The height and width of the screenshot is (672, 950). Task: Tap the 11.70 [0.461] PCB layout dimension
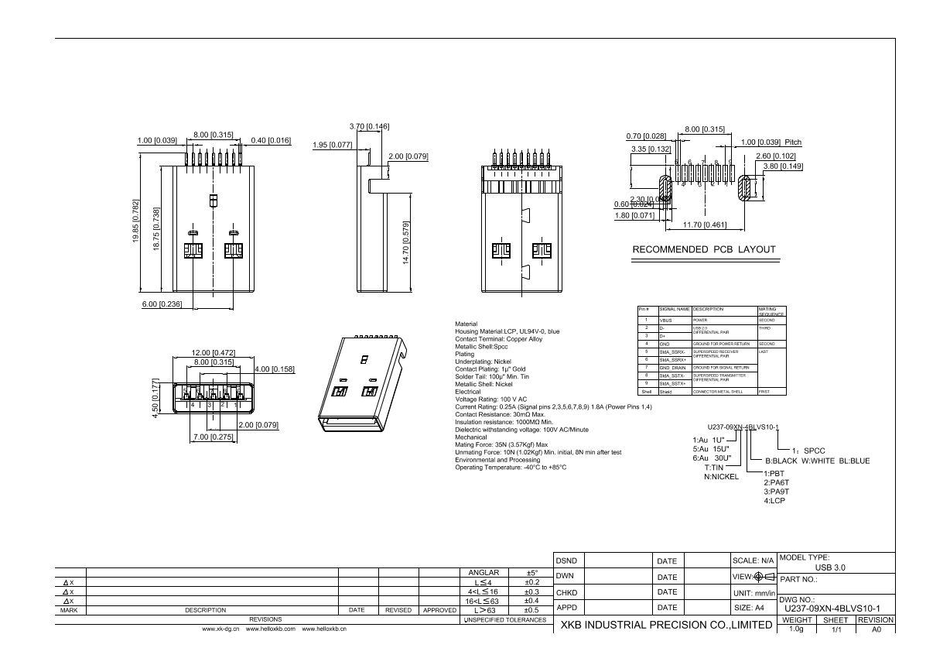[705, 225]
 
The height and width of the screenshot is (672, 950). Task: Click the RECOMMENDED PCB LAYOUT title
[704, 249]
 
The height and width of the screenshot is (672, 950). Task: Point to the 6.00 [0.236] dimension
[162, 304]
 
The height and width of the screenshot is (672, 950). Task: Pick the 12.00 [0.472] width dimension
[213, 353]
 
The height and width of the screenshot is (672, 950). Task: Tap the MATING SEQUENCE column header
[771, 311]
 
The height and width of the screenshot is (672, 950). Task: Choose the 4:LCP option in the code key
[775, 501]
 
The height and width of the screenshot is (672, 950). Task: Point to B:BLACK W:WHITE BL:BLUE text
[817, 461]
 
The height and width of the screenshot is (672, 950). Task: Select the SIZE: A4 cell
[750, 608]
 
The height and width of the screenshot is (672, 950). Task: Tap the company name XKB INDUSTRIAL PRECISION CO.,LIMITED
[665, 625]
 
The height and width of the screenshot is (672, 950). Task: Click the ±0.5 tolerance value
[531, 610]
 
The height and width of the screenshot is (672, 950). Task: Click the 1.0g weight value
[796, 629]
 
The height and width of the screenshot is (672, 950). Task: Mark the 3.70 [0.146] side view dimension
[369, 126]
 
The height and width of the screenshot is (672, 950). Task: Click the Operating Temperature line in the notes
[511, 467]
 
